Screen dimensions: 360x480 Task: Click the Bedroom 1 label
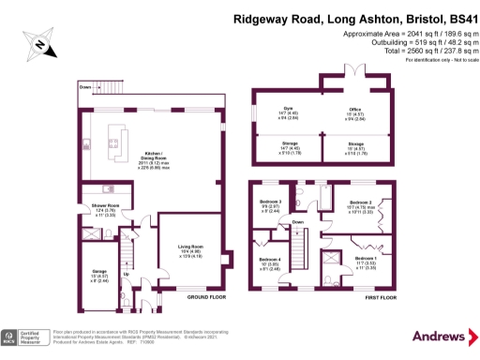[x=367, y=259]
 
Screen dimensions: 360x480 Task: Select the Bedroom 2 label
[x=362, y=202]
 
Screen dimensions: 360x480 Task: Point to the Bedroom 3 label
[x=270, y=202]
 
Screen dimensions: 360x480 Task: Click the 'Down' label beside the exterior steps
[x=85, y=87]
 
